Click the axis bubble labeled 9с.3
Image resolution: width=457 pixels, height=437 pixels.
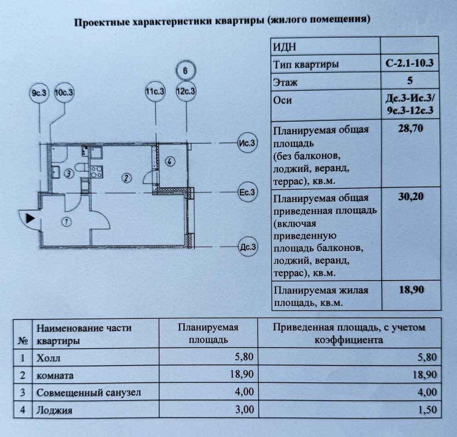pyautogui.click(x=39, y=93)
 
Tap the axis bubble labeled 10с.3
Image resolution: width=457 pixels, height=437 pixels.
pyautogui.click(x=64, y=93)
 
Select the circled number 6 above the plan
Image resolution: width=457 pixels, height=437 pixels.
pyautogui.click(x=186, y=71)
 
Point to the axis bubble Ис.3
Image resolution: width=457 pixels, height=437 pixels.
pyautogui.click(x=247, y=143)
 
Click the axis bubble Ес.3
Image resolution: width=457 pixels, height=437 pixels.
pyautogui.click(x=247, y=192)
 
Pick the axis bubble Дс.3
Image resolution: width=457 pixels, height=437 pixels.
pyautogui.click(x=248, y=247)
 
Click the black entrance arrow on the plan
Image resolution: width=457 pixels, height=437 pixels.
pyautogui.click(x=30, y=218)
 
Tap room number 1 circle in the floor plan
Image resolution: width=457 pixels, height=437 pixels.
pyautogui.click(x=67, y=222)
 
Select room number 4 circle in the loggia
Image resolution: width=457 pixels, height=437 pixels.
pyautogui.click(x=170, y=161)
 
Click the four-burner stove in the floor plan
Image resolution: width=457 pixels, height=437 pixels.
pyautogui.click(x=96, y=172)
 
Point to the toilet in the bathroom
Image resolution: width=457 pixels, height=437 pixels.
pyautogui.click(x=80, y=167)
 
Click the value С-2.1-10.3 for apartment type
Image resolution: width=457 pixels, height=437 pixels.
pyautogui.click(x=409, y=63)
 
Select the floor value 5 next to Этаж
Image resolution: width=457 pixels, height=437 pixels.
pyautogui.click(x=410, y=80)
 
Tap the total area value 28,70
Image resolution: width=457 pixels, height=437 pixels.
pyautogui.click(x=410, y=128)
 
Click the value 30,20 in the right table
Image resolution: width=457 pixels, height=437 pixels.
pyautogui.click(x=411, y=197)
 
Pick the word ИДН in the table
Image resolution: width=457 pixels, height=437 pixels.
pyautogui.click(x=285, y=47)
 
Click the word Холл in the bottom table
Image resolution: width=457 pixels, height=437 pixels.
pyautogui.click(x=48, y=358)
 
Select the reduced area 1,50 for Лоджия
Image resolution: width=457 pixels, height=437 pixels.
pyautogui.click(x=428, y=410)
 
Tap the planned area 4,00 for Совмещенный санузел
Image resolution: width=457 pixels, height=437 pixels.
pyautogui.click(x=244, y=392)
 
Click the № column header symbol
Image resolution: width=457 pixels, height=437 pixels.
pyautogui.click(x=23, y=340)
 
